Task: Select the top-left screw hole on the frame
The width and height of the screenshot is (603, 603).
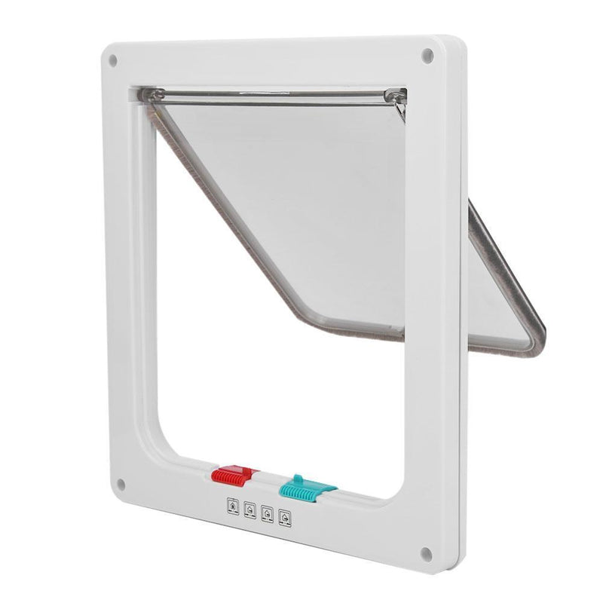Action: tap(113, 60)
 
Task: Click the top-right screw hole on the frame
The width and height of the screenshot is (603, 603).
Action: tap(427, 55)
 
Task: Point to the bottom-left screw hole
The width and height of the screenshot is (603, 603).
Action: tap(120, 484)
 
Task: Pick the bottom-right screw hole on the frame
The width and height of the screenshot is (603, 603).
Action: tap(427, 554)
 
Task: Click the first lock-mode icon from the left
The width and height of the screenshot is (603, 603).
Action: tap(233, 506)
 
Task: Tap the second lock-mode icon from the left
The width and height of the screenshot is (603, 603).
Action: tap(249, 510)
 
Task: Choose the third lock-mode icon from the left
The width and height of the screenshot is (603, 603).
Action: tap(267, 514)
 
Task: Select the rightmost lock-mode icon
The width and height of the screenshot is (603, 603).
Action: tap(284, 518)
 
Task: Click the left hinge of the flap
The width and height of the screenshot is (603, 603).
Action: tap(153, 94)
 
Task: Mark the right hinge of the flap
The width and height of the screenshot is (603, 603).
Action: tap(393, 96)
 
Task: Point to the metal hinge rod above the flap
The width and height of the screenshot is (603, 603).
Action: tap(271, 93)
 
